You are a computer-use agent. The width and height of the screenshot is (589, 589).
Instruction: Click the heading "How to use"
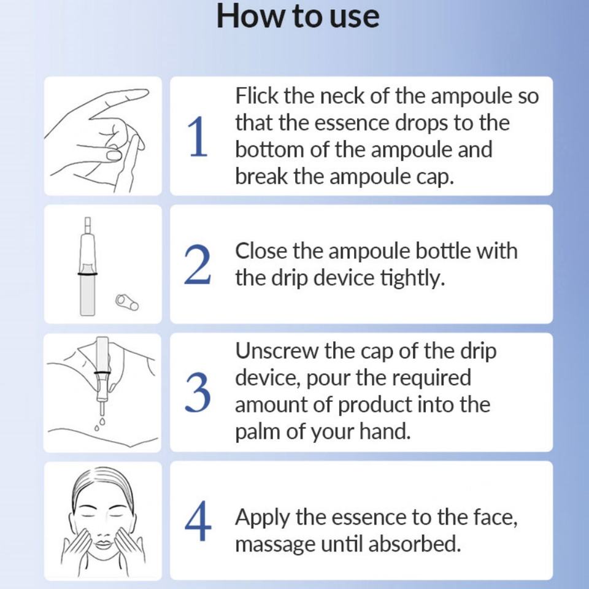click(298, 17)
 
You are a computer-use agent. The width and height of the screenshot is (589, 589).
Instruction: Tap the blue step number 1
click(198, 136)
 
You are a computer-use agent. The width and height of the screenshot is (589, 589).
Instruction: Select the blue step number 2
click(197, 264)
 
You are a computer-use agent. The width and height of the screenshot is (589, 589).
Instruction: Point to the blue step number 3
click(198, 393)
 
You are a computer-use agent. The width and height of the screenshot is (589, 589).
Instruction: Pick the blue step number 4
click(198, 521)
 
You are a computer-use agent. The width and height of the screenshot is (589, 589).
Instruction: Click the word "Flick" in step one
click(257, 96)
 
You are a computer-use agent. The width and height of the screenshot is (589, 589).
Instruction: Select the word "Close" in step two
click(260, 251)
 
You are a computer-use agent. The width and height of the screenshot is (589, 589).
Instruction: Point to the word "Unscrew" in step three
click(276, 351)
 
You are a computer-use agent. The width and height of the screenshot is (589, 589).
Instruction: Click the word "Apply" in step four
click(263, 518)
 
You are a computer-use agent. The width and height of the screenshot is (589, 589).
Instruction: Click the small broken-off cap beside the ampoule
click(127, 302)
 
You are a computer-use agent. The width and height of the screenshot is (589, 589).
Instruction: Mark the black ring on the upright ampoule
click(88, 274)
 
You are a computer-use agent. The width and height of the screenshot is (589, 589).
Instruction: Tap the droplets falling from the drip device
click(100, 423)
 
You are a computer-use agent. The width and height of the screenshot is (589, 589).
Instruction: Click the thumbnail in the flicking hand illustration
click(114, 155)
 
